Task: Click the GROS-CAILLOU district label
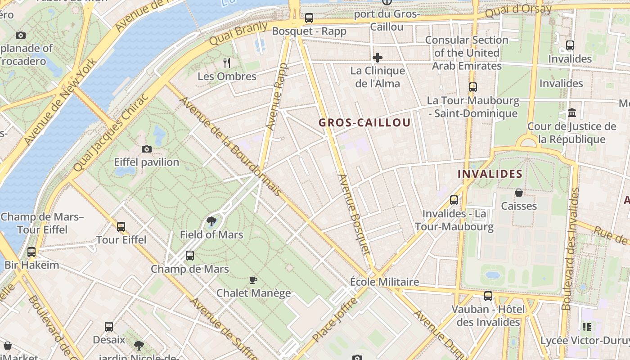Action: tap(364, 122)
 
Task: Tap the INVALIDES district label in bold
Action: tap(490, 174)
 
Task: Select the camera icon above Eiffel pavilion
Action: tap(146, 149)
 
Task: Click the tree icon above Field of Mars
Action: tap(211, 221)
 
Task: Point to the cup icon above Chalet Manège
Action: tap(253, 280)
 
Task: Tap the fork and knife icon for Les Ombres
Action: tap(227, 63)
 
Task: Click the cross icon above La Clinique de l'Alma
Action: tap(378, 58)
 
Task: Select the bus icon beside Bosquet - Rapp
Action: tap(309, 18)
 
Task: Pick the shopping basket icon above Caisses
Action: tap(519, 193)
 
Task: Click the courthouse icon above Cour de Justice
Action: tap(572, 112)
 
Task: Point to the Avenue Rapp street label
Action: tap(277, 97)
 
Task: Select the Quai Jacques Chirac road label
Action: tap(110, 134)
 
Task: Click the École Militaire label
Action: tap(385, 282)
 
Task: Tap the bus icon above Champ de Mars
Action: tap(190, 256)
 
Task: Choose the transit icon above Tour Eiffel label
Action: tap(121, 227)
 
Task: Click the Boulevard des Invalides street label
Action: tap(570, 248)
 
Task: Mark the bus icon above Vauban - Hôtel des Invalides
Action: tap(488, 296)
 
